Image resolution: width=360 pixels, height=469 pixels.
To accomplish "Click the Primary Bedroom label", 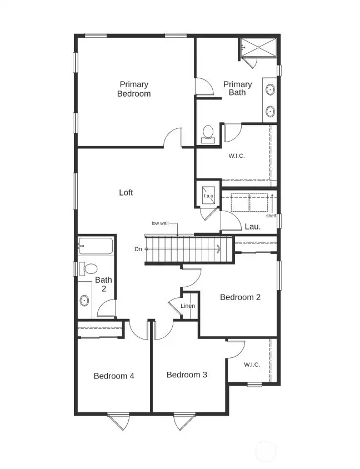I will [x=134, y=89].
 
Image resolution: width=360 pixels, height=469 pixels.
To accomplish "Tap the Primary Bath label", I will [x=237, y=88].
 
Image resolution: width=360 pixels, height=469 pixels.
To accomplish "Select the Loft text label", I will [x=126, y=193].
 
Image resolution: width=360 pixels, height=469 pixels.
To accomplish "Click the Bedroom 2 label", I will [x=240, y=297].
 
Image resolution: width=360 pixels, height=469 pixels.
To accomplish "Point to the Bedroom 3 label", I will [x=187, y=375].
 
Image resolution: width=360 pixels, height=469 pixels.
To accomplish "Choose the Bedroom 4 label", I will [x=114, y=376].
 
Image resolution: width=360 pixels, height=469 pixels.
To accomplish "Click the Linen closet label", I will [x=188, y=306].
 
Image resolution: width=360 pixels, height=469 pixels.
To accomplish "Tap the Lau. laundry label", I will [x=253, y=227].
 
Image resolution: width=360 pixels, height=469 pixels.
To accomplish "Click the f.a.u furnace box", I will [x=209, y=196].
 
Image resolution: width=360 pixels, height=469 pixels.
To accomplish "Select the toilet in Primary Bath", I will [x=208, y=133].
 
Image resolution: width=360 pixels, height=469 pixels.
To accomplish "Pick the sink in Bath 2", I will [x=84, y=301].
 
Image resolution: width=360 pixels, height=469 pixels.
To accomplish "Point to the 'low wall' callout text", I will [x=161, y=223].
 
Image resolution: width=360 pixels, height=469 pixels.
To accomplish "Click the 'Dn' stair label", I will [x=138, y=250].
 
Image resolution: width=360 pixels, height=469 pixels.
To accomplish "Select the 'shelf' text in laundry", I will [x=271, y=216].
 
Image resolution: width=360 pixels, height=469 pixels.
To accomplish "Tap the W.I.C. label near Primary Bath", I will [x=237, y=156].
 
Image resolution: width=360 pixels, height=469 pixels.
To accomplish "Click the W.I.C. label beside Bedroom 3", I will [x=252, y=365].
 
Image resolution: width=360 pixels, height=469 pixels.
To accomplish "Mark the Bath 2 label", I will [x=103, y=285].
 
